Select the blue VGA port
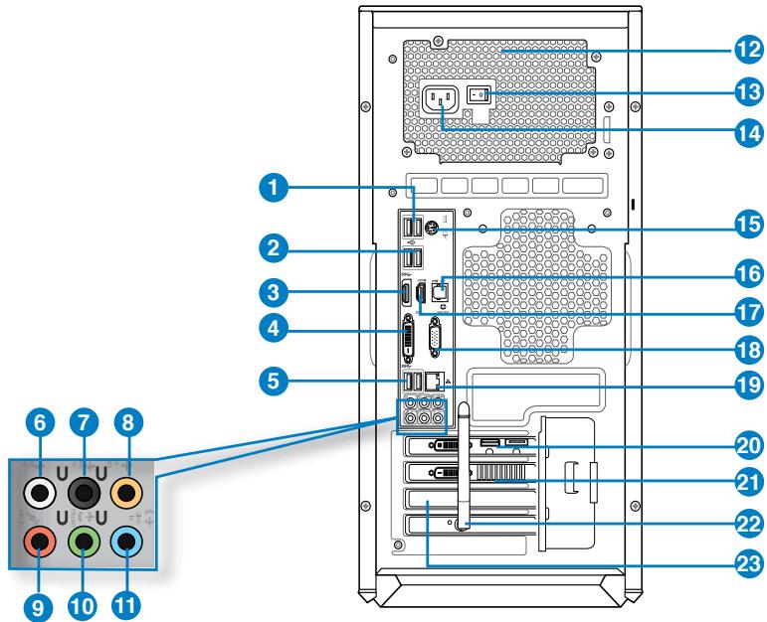(x=437, y=346)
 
